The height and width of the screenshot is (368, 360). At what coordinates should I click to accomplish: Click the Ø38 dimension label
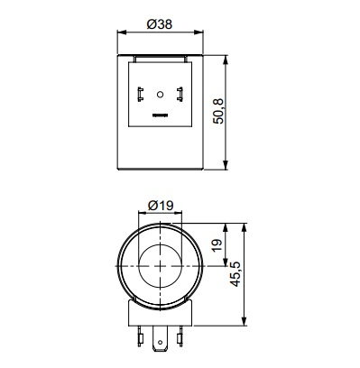point(160,24)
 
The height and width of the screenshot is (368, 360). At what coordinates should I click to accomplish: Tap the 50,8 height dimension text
point(218,111)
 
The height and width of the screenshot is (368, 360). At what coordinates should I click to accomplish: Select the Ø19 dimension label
point(161,206)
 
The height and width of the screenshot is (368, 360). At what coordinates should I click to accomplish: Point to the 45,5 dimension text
point(235,273)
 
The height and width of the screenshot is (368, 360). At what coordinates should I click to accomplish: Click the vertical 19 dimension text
point(218,245)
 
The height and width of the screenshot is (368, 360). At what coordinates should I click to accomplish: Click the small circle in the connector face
point(160,95)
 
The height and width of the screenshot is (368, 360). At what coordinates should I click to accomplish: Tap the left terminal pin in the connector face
point(140,94)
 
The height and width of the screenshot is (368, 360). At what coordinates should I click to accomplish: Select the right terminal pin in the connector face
point(180,94)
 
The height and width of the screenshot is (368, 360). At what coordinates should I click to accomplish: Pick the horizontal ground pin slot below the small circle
point(160,115)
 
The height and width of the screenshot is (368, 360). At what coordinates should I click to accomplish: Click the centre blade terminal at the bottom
point(160,338)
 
